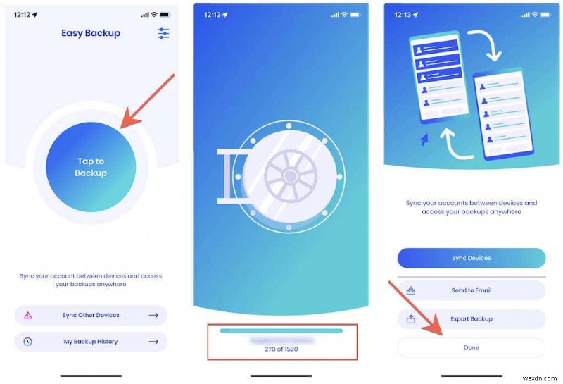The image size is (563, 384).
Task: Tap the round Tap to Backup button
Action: pyautogui.click(x=91, y=167)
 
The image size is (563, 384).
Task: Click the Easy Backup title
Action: pyautogui.click(x=91, y=33)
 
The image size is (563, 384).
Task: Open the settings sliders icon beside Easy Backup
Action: pyautogui.click(x=164, y=33)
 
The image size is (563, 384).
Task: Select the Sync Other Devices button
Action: pyautogui.click(x=91, y=315)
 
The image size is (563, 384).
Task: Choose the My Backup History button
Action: pyautogui.click(x=91, y=342)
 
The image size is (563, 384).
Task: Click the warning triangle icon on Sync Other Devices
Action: pyautogui.click(x=28, y=315)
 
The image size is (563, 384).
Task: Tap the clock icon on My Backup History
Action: pyautogui.click(x=28, y=342)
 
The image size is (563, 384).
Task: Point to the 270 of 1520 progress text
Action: pyautogui.click(x=281, y=349)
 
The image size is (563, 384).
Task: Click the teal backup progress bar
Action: pyautogui.click(x=281, y=330)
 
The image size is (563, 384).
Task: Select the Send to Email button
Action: pyautogui.click(x=472, y=290)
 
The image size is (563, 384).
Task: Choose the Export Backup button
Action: pyautogui.click(x=472, y=318)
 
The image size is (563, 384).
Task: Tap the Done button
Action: pyautogui.click(x=472, y=347)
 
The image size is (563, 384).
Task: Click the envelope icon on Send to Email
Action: pyautogui.click(x=411, y=290)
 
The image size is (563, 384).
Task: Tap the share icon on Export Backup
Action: pyautogui.click(x=411, y=318)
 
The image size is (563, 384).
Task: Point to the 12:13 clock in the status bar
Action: pyautogui.click(x=403, y=14)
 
